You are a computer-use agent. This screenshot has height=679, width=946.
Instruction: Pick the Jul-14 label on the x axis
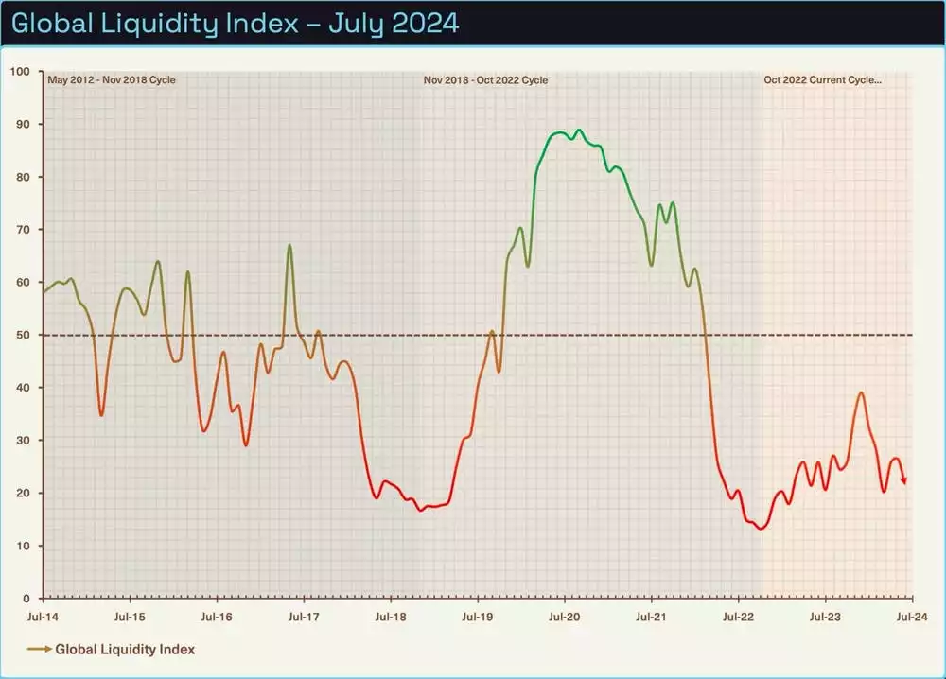[43, 617]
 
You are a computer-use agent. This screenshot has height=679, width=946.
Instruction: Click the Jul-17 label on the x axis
[304, 617]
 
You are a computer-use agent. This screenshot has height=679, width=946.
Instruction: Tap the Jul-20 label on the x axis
[565, 617]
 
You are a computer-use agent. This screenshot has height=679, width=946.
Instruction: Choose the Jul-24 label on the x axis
[911, 617]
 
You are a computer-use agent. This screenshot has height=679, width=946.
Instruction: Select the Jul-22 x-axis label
[738, 617]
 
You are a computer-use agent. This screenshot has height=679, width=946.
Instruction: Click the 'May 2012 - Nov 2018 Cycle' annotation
[112, 80]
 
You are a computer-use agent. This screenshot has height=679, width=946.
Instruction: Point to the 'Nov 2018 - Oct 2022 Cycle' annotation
[485, 80]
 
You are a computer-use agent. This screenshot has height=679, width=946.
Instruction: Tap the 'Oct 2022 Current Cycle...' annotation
[823, 80]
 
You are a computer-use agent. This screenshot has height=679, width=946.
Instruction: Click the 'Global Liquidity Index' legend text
[125, 650]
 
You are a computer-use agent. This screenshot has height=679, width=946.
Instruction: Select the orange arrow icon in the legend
[39, 650]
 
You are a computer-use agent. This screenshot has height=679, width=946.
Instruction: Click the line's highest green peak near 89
[579, 131]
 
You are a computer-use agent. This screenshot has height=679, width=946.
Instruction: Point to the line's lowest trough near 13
[761, 529]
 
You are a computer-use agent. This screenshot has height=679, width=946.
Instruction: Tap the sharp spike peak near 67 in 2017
[289, 246]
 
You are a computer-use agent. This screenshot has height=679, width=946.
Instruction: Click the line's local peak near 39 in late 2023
[861, 392]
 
